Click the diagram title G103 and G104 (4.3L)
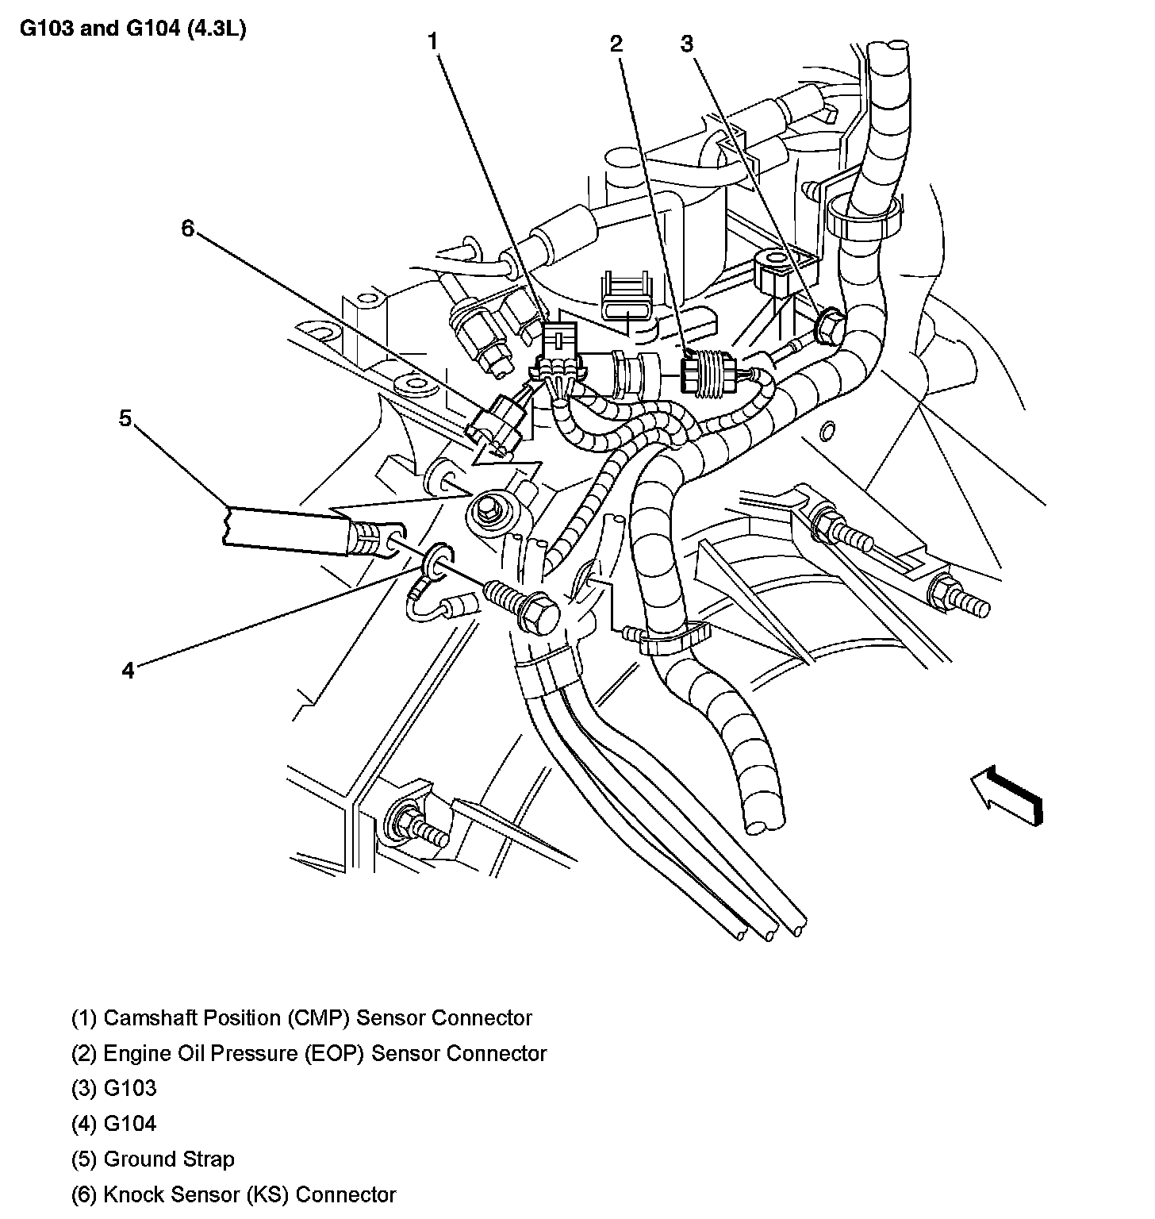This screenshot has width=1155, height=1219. tap(132, 29)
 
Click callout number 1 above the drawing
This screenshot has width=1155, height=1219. tap(433, 41)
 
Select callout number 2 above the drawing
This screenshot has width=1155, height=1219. tap(616, 44)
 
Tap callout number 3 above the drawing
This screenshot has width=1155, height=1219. tap(687, 44)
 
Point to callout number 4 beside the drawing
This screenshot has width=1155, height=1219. tap(129, 670)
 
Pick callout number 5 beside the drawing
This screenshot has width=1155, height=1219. tap(125, 417)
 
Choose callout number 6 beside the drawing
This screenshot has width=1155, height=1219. tap(187, 229)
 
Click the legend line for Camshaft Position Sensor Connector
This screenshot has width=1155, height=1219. tap(301, 1017)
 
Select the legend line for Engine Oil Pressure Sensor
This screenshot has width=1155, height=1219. tap(309, 1053)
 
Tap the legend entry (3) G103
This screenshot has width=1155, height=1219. tap(114, 1088)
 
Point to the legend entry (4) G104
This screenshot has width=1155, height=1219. tap(114, 1124)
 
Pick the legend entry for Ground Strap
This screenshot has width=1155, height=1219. tap(152, 1159)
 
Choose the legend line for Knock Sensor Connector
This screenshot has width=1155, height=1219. tap(233, 1194)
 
